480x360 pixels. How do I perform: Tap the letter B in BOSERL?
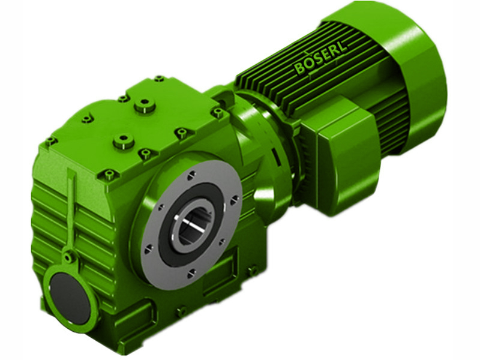[x=300, y=70]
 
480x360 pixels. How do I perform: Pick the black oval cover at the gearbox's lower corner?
[x=70, y=298]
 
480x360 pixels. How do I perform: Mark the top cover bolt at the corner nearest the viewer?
[x=109, y=175]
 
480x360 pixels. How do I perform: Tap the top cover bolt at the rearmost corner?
[x=159, y=79]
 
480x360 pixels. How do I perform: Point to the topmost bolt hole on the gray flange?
[x=191, y=175]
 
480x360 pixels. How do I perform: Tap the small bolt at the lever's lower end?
[x=68, y=257]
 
